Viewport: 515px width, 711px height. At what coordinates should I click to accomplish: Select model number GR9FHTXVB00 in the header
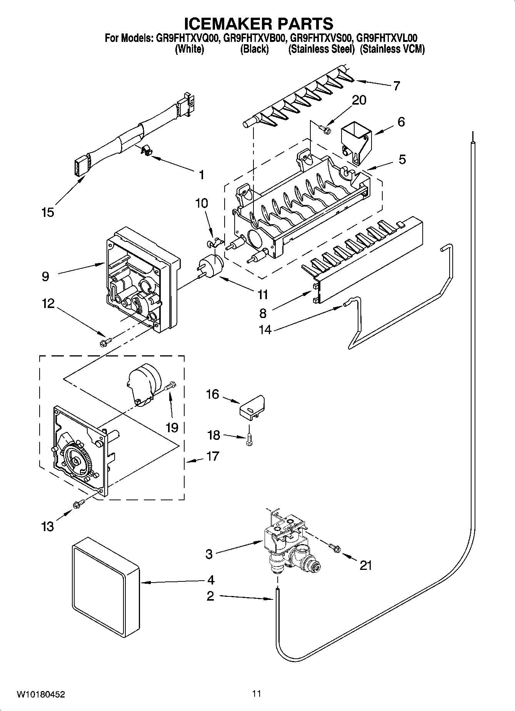254,38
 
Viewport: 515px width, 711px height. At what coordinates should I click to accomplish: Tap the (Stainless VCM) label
392,49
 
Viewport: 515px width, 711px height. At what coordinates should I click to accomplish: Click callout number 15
48,212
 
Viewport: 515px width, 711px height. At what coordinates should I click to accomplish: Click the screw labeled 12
105,341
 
